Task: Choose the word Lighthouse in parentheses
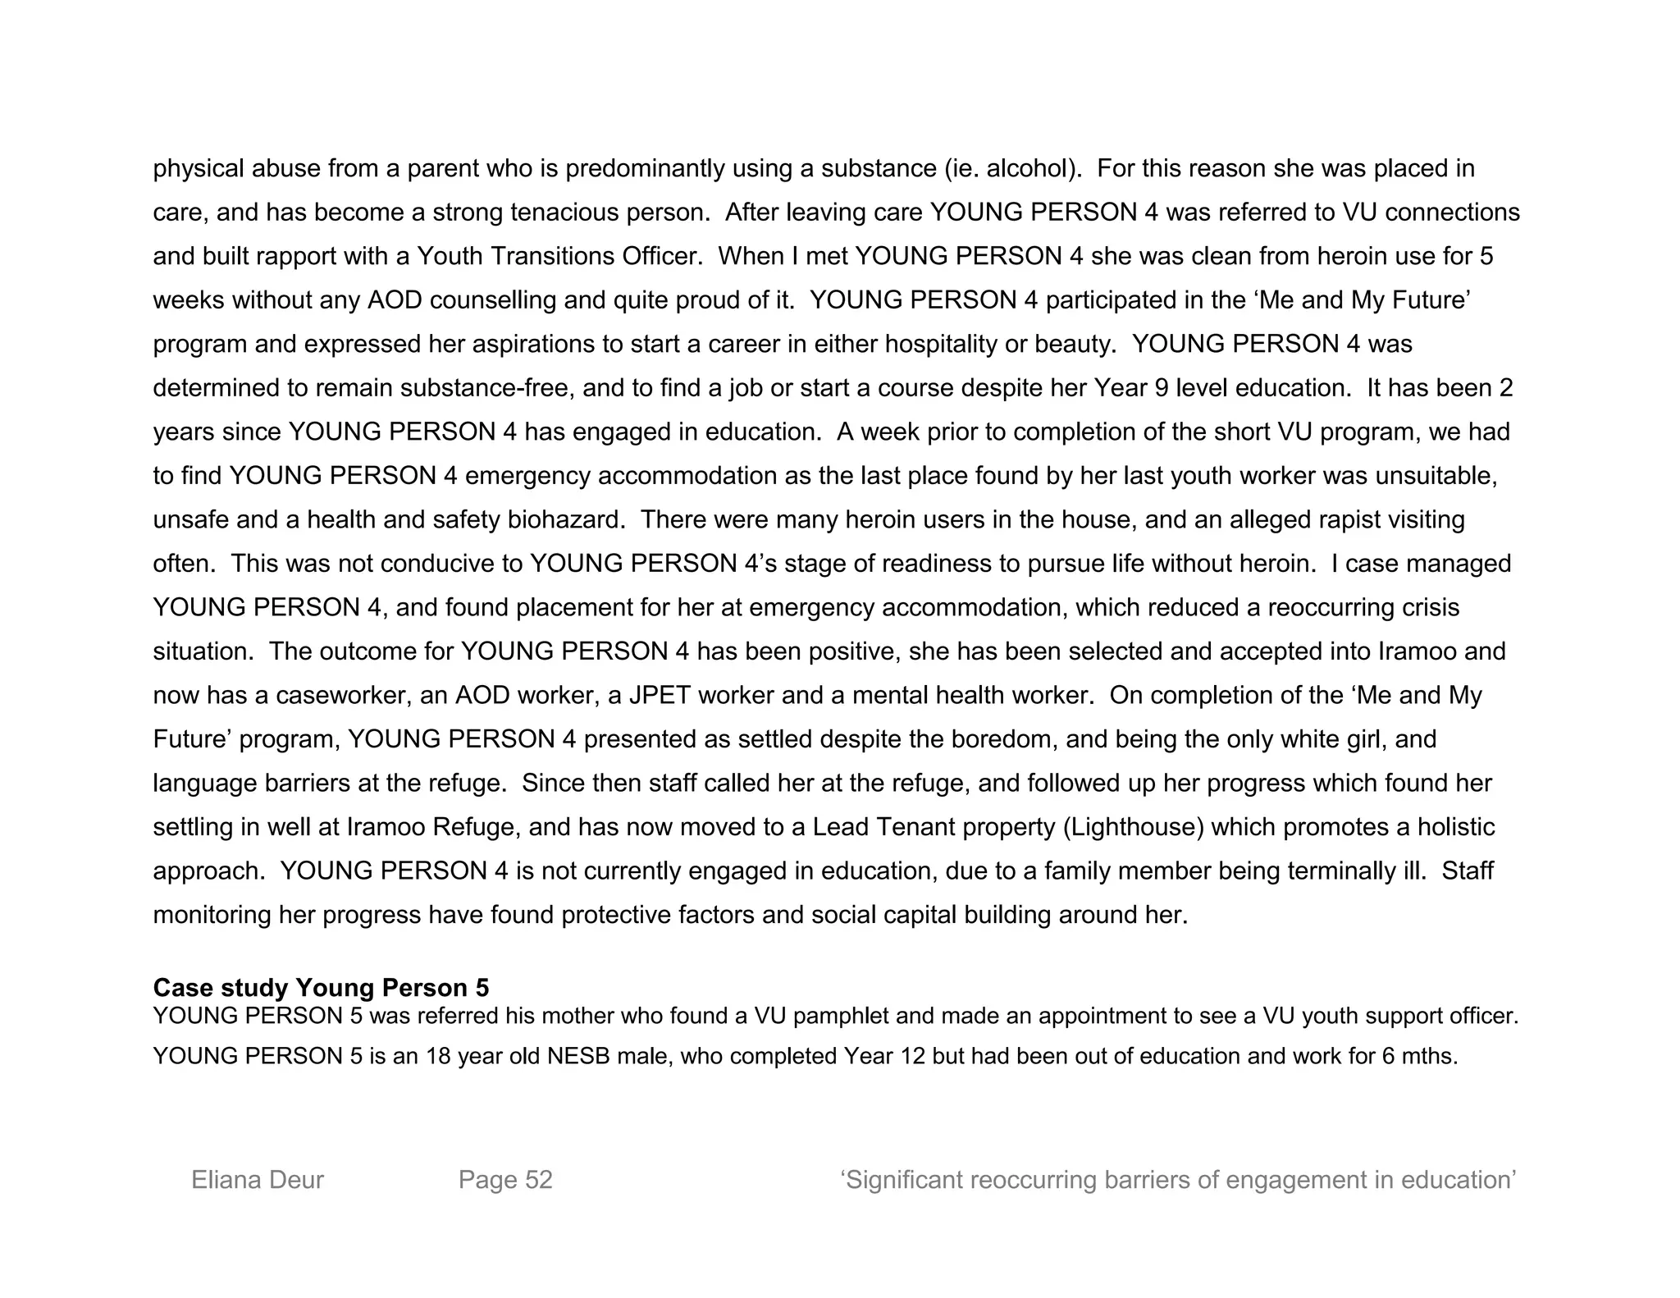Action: click(1134, 827)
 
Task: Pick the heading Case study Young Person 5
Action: click(321, 987)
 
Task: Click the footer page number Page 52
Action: click(505, 1180)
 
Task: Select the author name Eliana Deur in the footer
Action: click(258, 1180)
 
